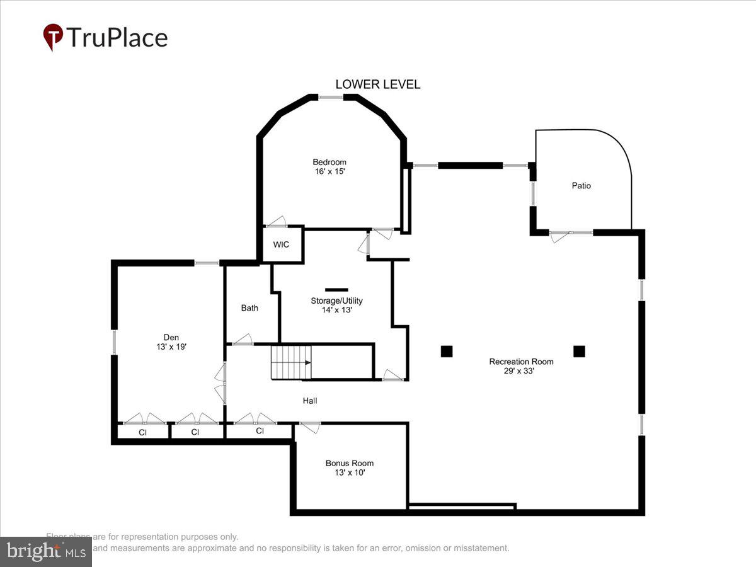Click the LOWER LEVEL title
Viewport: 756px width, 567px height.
377,84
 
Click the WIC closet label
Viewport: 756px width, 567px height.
282,244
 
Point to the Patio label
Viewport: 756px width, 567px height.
581,186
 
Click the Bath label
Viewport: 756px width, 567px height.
249,308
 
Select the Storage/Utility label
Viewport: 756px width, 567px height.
336,301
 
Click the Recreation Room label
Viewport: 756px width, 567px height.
521,362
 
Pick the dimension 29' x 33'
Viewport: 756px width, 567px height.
521,371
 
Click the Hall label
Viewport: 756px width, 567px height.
309,401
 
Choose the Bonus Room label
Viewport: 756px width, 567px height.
349,463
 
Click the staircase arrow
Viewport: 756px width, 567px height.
307,362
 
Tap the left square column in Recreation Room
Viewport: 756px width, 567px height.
446,352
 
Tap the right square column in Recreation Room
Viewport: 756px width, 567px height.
579,352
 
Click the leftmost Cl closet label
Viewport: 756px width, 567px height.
142,433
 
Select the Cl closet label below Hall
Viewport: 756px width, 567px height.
260,431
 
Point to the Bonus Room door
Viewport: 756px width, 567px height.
309,427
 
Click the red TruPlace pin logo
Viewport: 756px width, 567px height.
53,37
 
